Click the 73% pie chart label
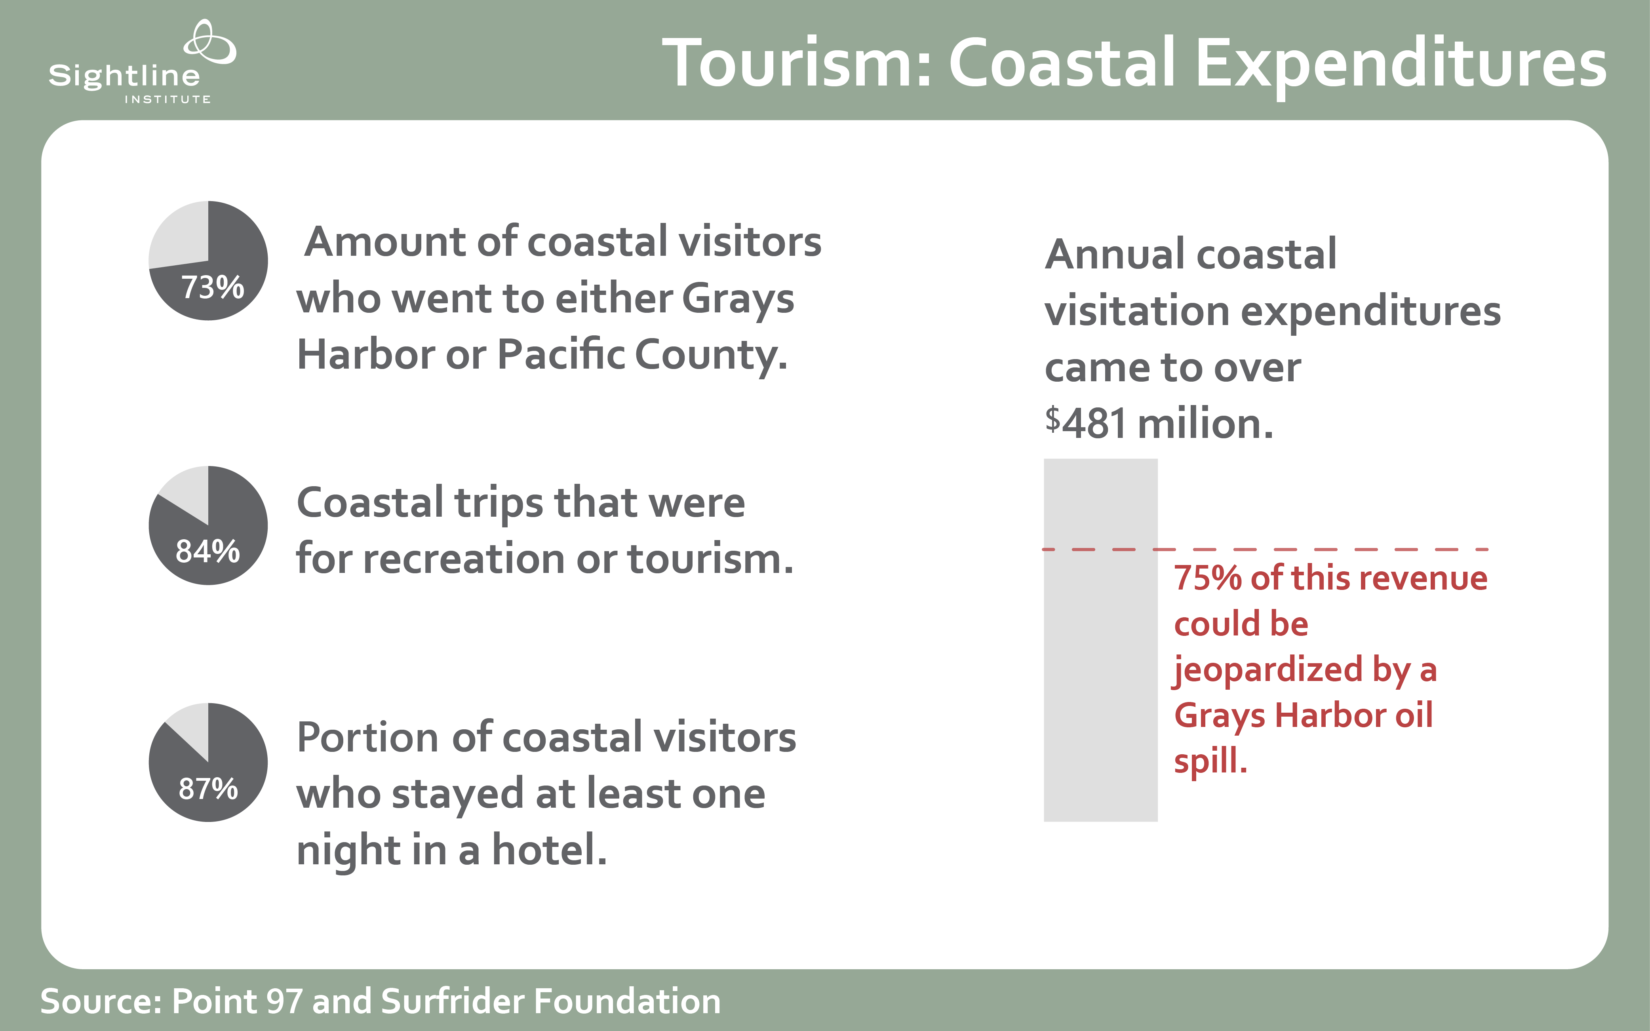pyautogui.click(x=213, y=287)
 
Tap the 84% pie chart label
pyautogui.click(x=208, y=551)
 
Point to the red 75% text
pyautogui.click(x=1207, y=578)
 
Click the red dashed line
pyautogui.click(x=1266, y=549)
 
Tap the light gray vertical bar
pyautogui.click(x=1100, y=639)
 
